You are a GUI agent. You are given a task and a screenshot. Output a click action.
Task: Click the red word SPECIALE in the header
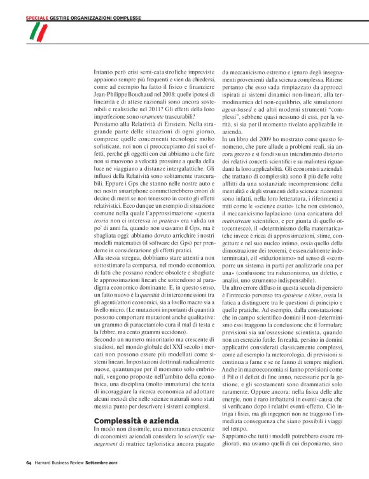[x=38, y=18]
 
